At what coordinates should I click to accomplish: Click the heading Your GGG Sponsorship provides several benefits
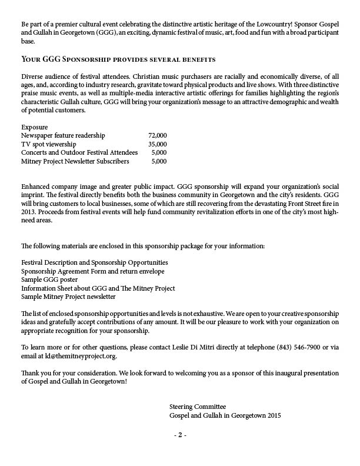click(x=118, y=60)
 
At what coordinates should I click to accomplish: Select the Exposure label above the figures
click(x=35, y=127)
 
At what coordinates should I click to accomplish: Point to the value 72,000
click(x=157, y=135)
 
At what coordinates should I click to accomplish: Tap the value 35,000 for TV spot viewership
click(x=157, y=144)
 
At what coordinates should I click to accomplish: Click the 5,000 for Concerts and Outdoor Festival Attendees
click(x=159, y=152)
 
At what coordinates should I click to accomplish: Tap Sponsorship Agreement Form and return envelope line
click(x=92, y=271)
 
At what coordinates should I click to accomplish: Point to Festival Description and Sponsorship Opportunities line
click(x=94, y=262)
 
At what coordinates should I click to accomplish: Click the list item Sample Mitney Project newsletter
click(x=68, y=297)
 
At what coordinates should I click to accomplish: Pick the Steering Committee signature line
click(x=197, y=407)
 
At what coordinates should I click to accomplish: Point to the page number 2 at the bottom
click(x=180, y=436)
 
